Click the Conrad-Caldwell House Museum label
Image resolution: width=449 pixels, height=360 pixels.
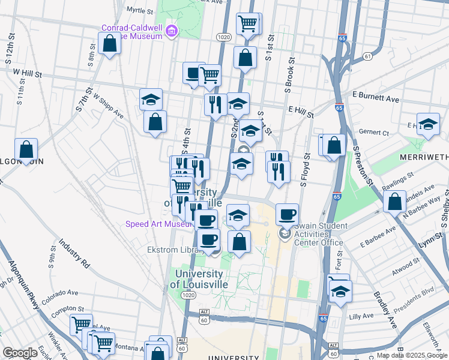[132, 31]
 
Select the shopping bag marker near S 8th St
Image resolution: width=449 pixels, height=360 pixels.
[110, 44]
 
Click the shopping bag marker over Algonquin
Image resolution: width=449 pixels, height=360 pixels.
[26, 149]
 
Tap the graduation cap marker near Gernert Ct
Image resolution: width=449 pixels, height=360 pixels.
[427, 124]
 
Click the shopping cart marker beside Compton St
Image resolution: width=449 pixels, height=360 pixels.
[81, 325]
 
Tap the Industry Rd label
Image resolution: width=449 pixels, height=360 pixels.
[74, 254]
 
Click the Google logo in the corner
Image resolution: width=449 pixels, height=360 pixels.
[20, 353]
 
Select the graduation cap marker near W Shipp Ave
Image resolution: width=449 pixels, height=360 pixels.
[151, 99]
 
